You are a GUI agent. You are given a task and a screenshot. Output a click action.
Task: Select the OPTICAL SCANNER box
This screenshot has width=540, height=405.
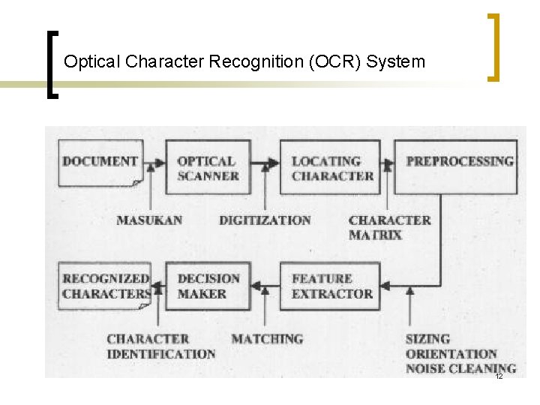[208, 168]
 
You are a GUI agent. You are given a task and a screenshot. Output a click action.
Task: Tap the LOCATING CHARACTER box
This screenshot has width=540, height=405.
[331, 168]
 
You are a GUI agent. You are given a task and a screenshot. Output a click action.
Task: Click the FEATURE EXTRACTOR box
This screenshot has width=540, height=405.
[331, 286]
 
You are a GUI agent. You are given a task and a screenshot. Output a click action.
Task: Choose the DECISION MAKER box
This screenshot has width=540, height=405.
[208, 286]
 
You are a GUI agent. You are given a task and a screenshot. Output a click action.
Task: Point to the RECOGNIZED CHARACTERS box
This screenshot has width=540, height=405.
[105, 286]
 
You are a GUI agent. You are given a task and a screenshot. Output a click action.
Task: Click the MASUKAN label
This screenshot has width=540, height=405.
[149, 220]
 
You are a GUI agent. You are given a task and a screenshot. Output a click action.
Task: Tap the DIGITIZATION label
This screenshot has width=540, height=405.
[265, 220]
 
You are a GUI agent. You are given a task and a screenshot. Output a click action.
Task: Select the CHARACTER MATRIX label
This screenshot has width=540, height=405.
[389, 227]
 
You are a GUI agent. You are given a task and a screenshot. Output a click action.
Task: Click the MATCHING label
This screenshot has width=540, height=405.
[267, 339]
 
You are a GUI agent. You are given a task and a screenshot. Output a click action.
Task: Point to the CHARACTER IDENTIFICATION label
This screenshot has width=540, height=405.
[160, 346]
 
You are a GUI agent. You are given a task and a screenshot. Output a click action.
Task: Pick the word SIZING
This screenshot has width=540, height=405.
[427, 339]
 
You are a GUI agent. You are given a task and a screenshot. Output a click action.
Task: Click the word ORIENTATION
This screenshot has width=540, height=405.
[451, 354]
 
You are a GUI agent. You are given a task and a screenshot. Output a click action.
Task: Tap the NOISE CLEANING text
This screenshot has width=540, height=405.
[460, 368]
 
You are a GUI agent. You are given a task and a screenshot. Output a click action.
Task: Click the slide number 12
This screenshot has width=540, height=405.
[498, 376]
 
